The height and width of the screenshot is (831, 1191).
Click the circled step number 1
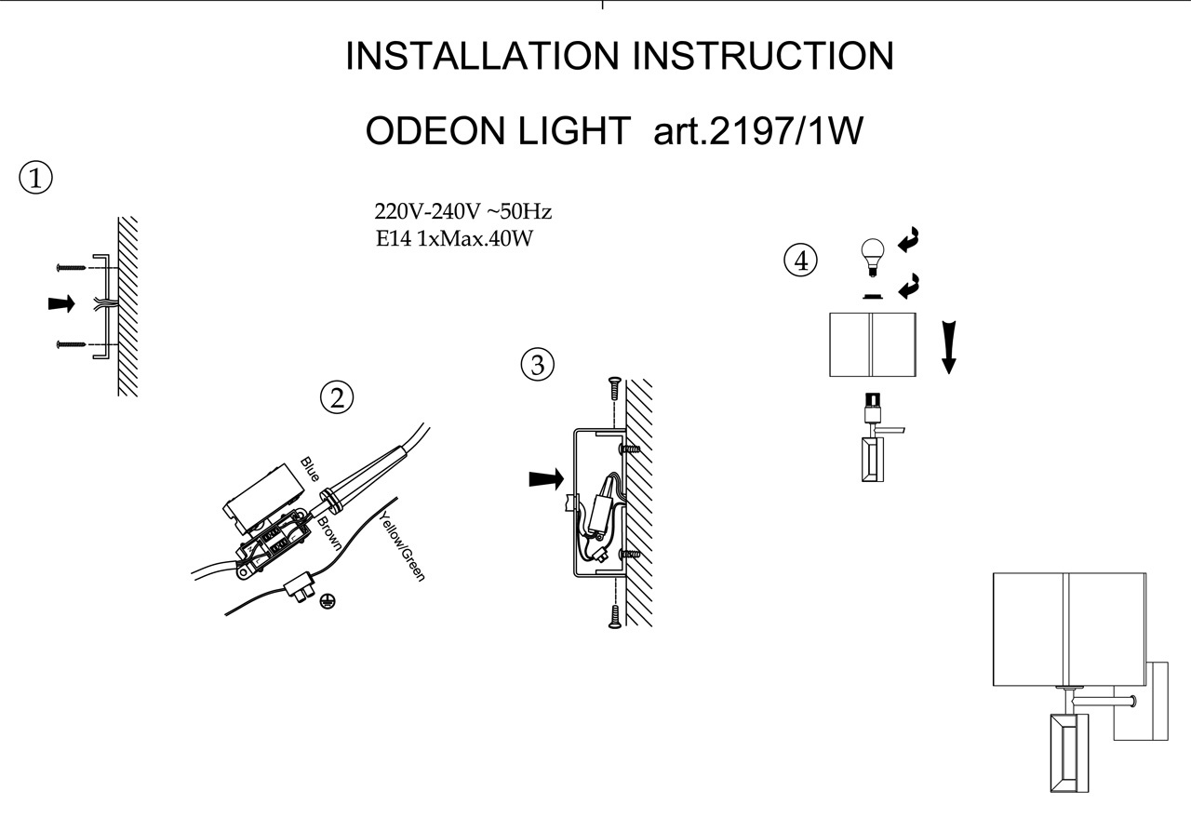[35, 178]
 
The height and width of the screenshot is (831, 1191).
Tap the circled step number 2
[337, 398]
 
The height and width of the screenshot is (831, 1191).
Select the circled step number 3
[537, 365]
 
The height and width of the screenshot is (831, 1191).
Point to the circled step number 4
[800, 261]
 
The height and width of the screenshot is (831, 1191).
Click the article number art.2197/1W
[758, 132]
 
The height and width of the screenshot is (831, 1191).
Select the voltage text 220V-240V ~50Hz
[462, 211]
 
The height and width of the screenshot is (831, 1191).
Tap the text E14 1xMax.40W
[453, 238]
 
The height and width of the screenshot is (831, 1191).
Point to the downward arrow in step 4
[948, 346]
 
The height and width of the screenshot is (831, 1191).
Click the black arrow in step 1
[61, 304]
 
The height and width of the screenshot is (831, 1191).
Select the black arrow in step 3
[546, 478]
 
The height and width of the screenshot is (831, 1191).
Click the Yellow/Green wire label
[402, 547]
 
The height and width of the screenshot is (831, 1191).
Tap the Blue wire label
[310, 469]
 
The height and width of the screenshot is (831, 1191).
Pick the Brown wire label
[329, 534]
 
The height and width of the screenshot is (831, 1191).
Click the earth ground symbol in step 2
[327, 602]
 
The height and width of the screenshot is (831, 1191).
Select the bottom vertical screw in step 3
[613, 615]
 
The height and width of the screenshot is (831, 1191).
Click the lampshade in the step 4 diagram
[872, 344]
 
